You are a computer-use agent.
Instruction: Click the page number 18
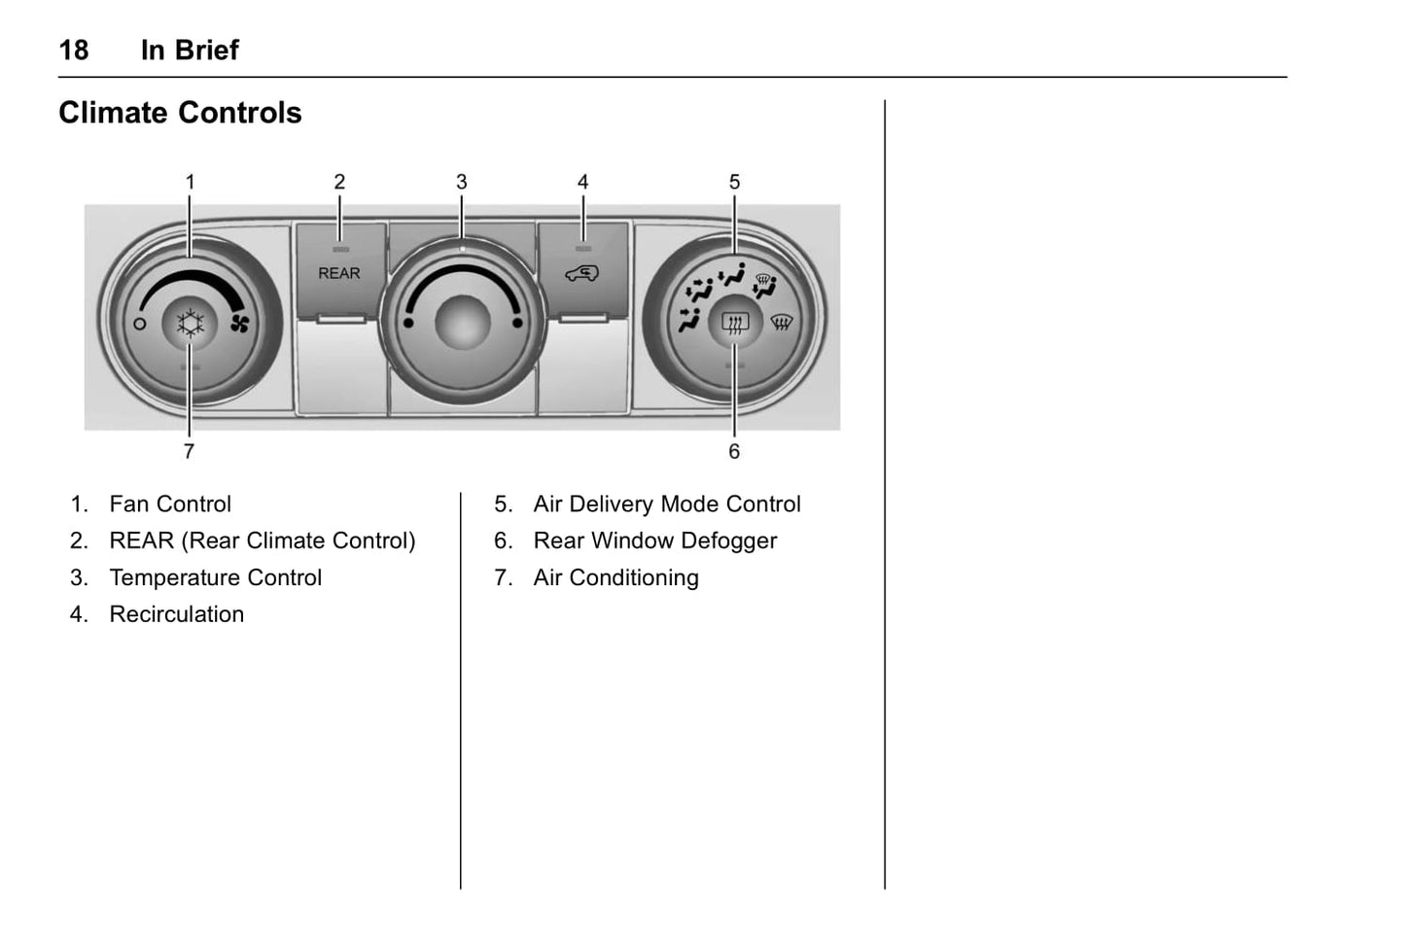pyautogui.click(x=74, y=50)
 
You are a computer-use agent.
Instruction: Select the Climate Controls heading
pyautogui.click(x=180, y=113)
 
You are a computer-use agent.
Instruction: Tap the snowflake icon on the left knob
pyautogui.click(x=191, y=323)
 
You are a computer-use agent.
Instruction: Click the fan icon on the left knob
pyautogui.click(x=239, y=324)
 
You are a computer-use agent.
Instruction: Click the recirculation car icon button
pyautogui.click(x=582, y=274)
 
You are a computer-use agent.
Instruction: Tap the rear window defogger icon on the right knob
pyautogui.click(x=735, y=322)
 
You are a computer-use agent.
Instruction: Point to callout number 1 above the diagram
pyautogui.click(x=191, y=182)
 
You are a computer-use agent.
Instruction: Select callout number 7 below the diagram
pyautogui.click(x=189, y=451)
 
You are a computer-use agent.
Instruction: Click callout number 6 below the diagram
pyautogui.click(x=734, y=451)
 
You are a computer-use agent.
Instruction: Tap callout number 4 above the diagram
pyautogui.click(x=582, y=182)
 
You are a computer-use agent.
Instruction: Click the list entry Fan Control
pyautogui.click(x=170, y=504)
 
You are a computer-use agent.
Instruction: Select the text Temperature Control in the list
pyautogui.click(x=215, y=577)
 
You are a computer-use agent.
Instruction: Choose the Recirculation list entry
pyautogui.click(x=176, y=614)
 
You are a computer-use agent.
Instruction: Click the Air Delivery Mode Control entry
pyautogui.click(x=666, y=504)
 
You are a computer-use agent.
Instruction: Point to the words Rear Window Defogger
pyautogui.click(x=654, y=540)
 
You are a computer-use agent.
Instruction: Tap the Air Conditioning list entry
pyautogui.click(x=615, y=577)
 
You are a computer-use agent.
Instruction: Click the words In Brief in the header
pyautogui.click(x=190, y=50)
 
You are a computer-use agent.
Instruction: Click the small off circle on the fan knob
pyautogui.click(x=140, y=324)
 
